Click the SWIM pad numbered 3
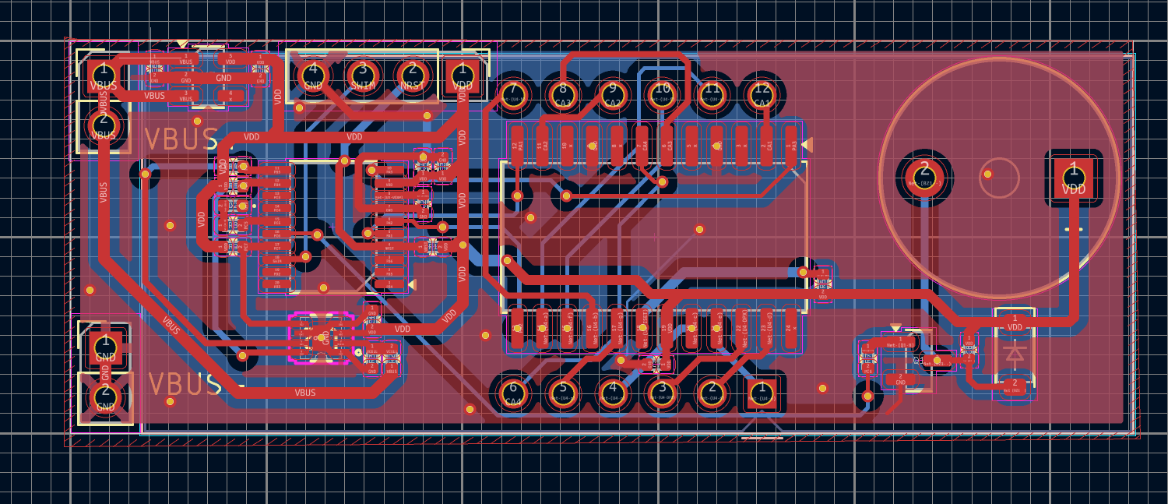(x=362, y=76)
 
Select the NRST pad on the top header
(x=412, y=76)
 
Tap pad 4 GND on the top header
(x=313, y=76)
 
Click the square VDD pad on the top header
(x=463, y=76)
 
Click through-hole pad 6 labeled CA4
(x=512, y=392)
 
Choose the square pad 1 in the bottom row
(x=762, y=392)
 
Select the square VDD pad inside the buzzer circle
(x=1073, y=176)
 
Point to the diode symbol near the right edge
(x=1014, y=354)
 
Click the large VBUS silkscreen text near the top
(x=181, y=139)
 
